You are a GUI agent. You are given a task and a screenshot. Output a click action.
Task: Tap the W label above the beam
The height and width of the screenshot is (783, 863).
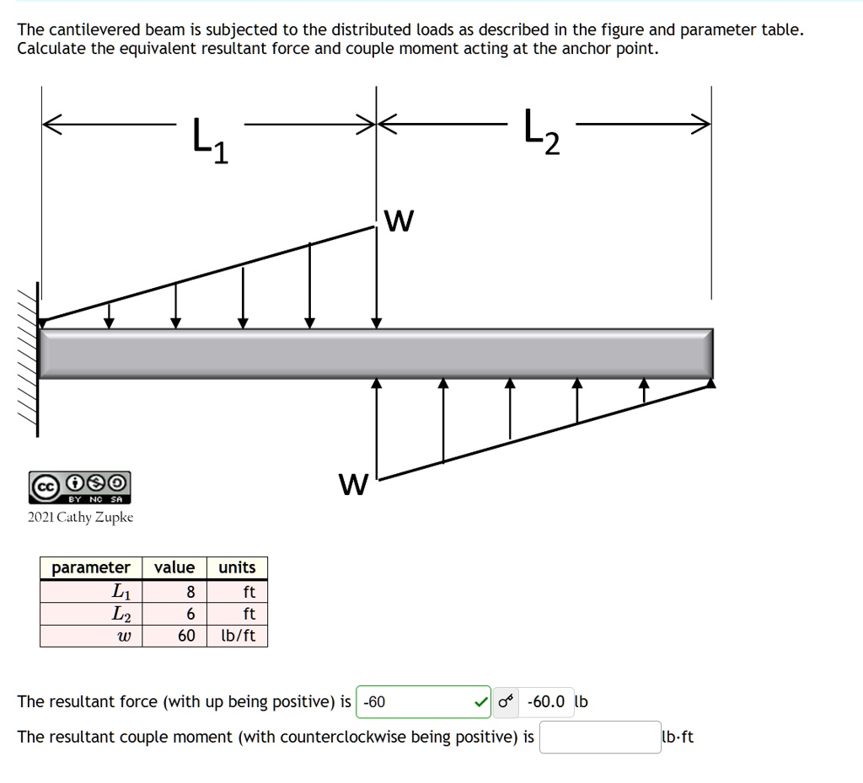(399, 221)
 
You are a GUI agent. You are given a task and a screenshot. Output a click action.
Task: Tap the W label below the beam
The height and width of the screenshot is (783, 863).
(353, 485)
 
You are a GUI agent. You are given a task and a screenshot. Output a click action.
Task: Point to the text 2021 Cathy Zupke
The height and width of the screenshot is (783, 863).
(80, 517)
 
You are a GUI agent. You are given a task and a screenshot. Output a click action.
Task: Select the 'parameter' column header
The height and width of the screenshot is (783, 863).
(91, 567)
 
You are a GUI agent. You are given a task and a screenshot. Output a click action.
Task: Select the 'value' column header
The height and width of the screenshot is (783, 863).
(174, 567)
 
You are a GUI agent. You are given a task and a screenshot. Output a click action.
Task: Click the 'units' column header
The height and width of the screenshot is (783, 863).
(237, 567)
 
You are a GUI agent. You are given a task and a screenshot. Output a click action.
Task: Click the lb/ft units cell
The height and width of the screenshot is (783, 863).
(237, 636)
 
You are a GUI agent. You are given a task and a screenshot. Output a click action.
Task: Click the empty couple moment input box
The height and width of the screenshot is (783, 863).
(599, 738)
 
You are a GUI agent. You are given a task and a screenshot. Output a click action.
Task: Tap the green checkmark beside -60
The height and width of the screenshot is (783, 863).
(480, 701)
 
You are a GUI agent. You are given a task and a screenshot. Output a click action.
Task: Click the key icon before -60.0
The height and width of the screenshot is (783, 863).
(505, 701)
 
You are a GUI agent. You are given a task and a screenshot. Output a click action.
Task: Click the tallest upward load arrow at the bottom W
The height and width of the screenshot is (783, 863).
(377, 425)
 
